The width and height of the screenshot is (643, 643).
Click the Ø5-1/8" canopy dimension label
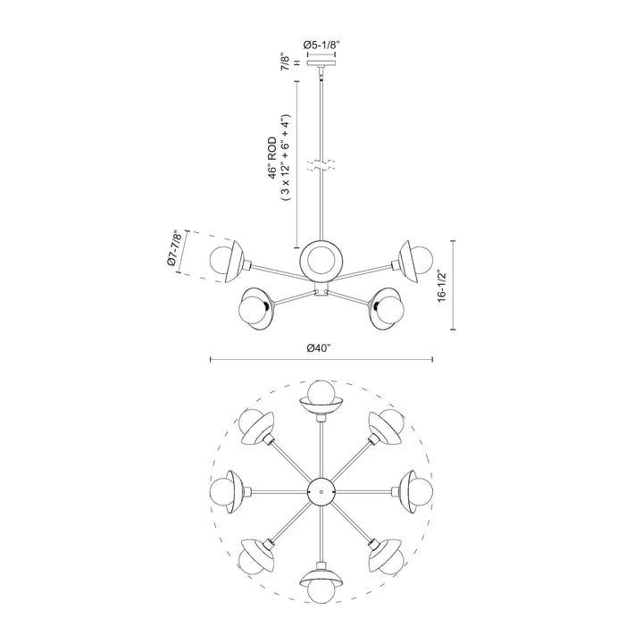[321, 42]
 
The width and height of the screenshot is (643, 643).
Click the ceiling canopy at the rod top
[321, 63]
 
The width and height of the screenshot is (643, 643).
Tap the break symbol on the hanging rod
[321, 166]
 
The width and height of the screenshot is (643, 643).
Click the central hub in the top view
[321, 490]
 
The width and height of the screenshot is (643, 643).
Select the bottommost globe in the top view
[321, 589]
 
